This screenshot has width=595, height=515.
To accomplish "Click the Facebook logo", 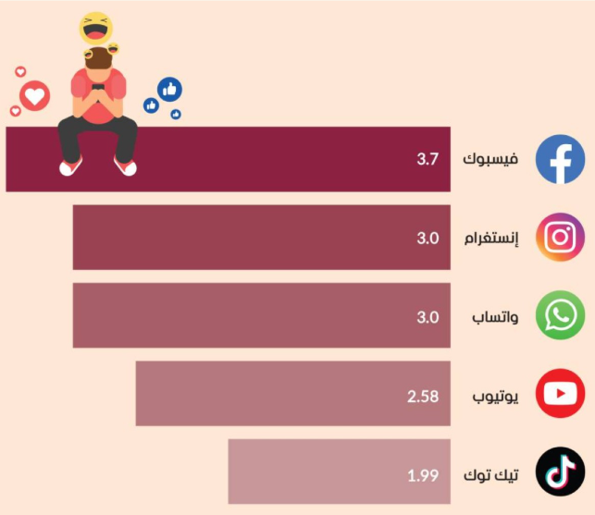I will click(560, 159).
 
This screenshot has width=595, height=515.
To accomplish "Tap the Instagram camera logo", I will click(560, 238).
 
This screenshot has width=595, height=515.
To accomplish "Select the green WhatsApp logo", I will click(560, 316).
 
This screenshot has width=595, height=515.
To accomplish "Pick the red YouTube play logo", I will click(560, 395).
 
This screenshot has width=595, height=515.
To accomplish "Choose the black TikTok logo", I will click(560, 472).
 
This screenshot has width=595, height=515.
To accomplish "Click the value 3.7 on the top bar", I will click(427, 159).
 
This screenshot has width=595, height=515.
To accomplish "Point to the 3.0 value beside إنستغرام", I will click(427, 238).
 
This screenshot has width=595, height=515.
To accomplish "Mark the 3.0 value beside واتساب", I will click(427, 317).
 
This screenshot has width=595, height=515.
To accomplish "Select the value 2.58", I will click(422, 396).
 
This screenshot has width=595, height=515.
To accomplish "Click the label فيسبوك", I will click(490, 159).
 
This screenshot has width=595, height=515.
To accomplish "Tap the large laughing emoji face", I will click(94, 28).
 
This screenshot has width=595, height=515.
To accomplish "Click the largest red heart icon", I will click(34, 94).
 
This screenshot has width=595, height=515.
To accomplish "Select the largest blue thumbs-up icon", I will click(169, 90).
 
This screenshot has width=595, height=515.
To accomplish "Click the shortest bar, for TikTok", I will click(315, 472).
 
